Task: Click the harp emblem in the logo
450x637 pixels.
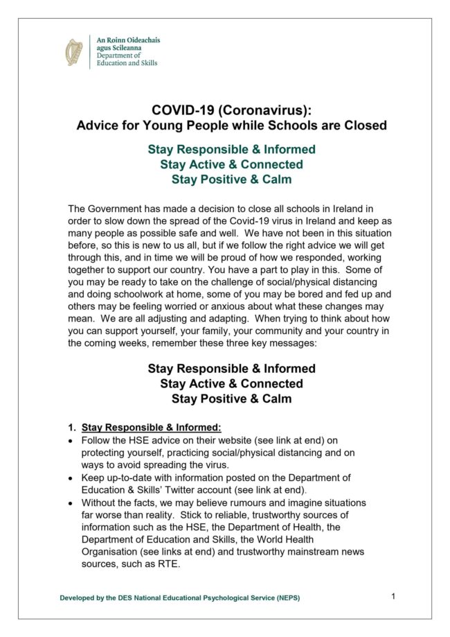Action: (74, 53)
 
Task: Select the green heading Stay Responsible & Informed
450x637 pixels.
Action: (231, 150)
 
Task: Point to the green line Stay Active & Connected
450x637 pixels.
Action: (231, 165)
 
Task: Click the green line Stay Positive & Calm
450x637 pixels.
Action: (231, 180)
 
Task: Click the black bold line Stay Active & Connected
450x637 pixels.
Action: (231, 384)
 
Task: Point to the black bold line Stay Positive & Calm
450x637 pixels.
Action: (231, 399)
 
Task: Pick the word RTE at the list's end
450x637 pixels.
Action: (169, 564)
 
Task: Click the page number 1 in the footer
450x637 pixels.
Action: (393, 596)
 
